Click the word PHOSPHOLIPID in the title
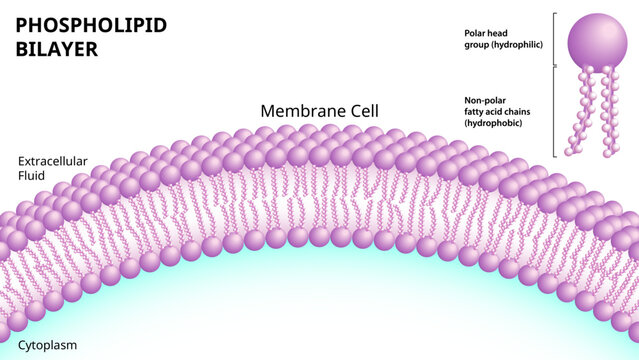91,25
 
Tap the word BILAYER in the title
56,49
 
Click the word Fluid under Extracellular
32,175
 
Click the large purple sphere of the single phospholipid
598,40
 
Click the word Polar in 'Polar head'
475,33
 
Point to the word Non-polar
484,100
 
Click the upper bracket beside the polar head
554,40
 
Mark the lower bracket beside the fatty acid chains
554,110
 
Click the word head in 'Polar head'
498,33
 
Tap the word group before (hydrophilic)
475,45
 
